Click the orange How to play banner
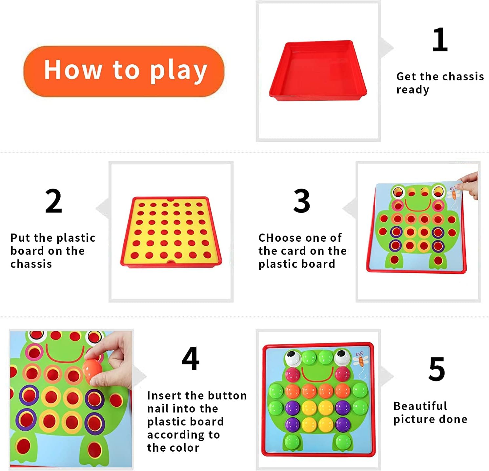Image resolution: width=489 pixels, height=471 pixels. [x=124, y=71]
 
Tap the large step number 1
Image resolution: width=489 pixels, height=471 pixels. [x=440, y=40]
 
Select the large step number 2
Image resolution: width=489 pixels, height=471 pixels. [x=53, y=201]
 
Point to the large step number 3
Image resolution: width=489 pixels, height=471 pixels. [x=302, y=201]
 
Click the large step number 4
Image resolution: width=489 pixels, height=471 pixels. [x=191, y=358]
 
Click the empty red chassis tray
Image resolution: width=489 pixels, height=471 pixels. [x=318, y=71]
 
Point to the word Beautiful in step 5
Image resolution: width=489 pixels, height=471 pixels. [x=420, y=406]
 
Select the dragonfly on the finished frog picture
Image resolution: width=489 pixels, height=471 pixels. [x=361, y=359]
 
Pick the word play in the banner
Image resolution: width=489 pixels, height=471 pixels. [x=179, y=71]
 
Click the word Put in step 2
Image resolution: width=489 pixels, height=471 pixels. [x=20, y=237]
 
